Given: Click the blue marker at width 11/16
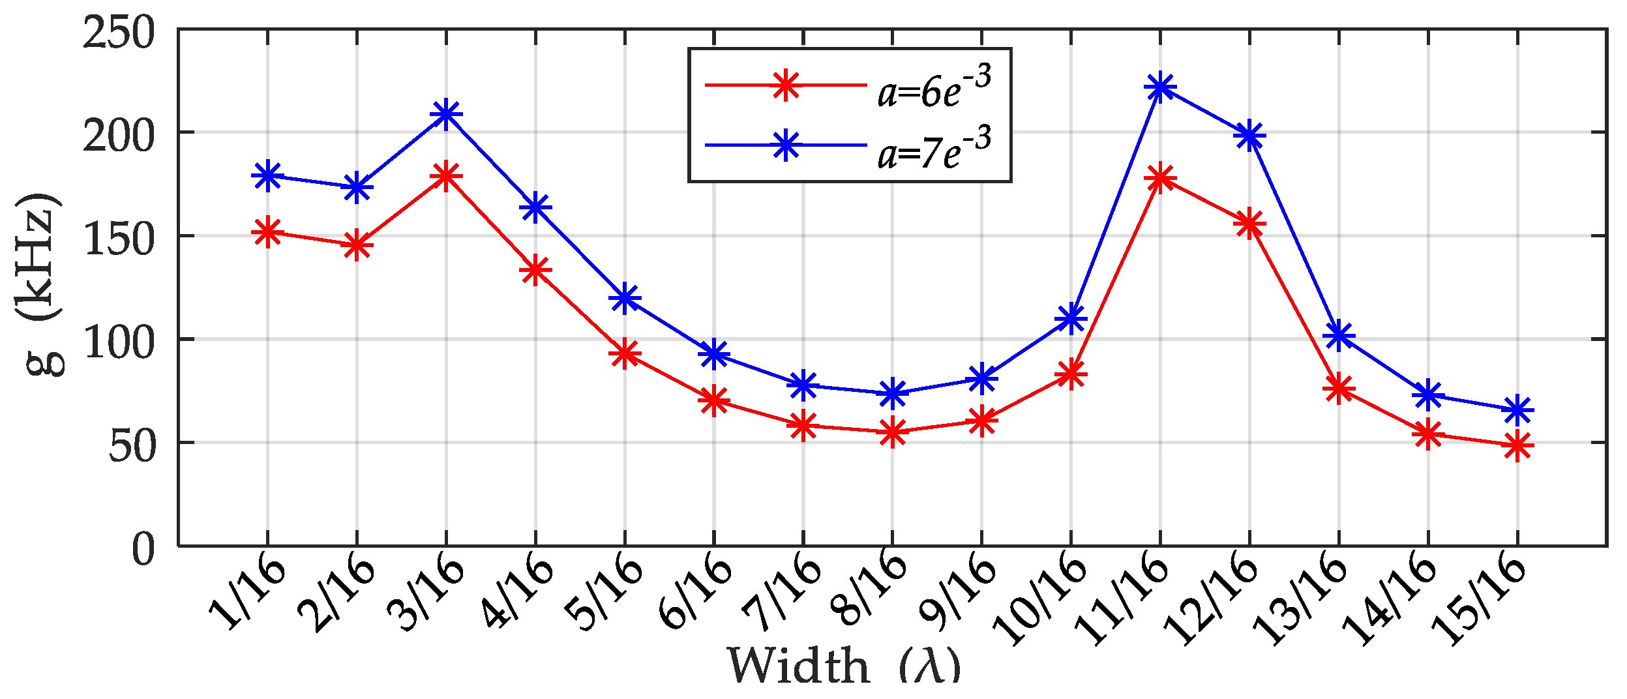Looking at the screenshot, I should coord(1160,87).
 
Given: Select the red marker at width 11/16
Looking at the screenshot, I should coord(1160,178).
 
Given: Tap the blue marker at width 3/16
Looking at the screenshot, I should coord(446,114).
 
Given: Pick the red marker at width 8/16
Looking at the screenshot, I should coord(893,432).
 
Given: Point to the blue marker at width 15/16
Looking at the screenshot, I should coord(1517,410).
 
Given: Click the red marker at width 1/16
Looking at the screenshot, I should coord(267,232).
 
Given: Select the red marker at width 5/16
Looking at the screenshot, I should coord(625,354).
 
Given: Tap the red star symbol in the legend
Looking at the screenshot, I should coord(786,85).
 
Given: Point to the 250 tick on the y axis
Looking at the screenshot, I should coord(119,33).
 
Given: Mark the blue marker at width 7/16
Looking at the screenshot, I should coord(803,385).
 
